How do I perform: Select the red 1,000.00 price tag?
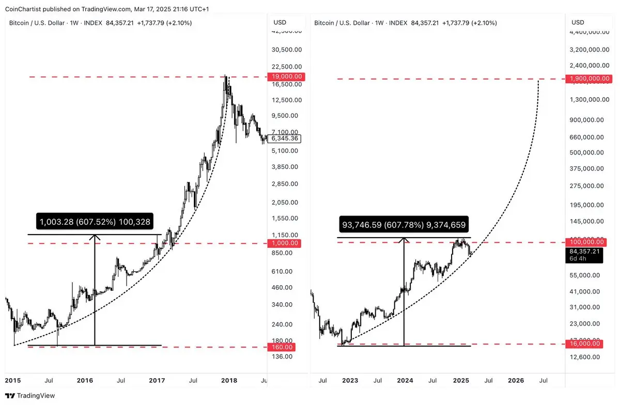pos(287,243)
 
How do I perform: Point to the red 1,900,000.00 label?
pos(590,79)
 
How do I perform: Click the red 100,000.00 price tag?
pos(586,242)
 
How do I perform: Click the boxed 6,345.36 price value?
pos(285,138)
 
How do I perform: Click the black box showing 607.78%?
pos(404,225)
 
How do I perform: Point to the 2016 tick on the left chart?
pos(85,381)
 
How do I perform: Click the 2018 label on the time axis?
pos(229,381)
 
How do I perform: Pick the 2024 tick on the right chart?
pos(405,381)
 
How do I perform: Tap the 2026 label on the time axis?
pos(516,381)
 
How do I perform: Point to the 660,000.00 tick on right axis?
pos(585,137)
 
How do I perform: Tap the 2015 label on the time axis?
pos(12,381)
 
